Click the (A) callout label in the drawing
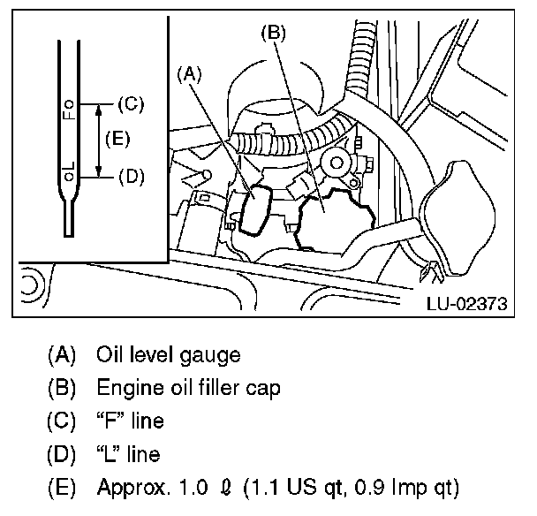coord(191,76)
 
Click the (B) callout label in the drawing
coord(273,34)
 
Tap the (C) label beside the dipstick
coord(129,103)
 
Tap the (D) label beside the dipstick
coord(129,176)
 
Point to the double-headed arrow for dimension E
coord(97,140)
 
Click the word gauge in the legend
coord(215,357)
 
